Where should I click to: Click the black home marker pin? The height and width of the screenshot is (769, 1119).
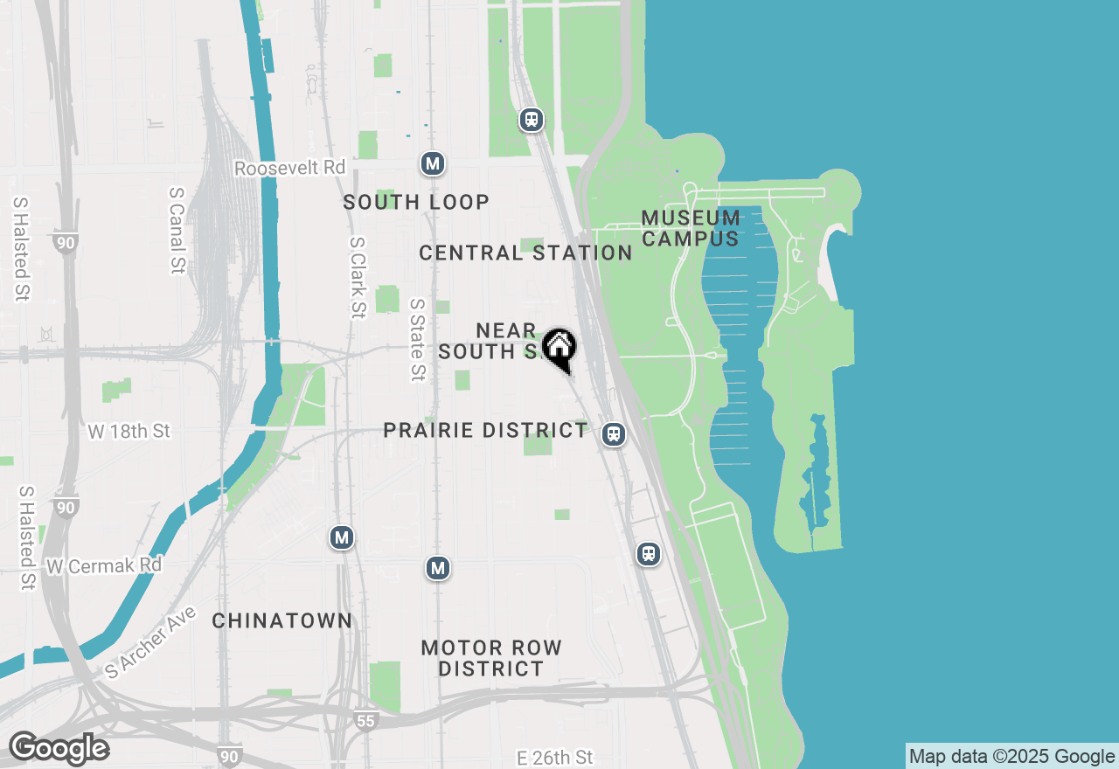pyautogui.click(x=559, y=348)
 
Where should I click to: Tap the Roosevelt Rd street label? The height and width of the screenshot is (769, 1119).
pyautogui.click(x=290, y=168)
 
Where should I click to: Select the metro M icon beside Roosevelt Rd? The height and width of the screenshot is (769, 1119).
pyautogui.click(x=432, y=163)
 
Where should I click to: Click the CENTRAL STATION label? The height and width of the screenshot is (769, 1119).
pyautogui.click(x=525, y=253)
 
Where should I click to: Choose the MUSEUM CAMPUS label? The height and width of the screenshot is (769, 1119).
pyautogui.click(x=691, y=227)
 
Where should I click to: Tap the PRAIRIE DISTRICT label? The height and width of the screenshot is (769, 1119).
pyautogui.click(x=485, y=431)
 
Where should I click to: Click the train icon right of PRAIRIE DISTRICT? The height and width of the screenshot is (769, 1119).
pyautogui.click(x=615, y=434)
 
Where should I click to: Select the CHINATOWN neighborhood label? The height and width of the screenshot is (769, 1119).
pyautogui.click(x=282, y=621)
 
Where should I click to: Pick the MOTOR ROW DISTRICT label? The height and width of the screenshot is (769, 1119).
pyautogui.click(x=491, y=658)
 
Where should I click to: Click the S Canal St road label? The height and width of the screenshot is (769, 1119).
pyautogui.click(x=178, y=229)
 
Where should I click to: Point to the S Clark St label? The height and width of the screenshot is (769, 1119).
pyautogui.click(x=357, y=278)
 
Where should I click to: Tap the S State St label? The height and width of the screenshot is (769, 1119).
pyautogui.click(x=417, y=340)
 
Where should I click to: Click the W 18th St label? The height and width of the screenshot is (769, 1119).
pyautogui.click(x=129, y=432)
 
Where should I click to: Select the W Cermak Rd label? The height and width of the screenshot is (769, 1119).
pyautogui.click(x=104, y=566)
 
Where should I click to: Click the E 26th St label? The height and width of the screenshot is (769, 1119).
pyautogui.click(x=554, y=757)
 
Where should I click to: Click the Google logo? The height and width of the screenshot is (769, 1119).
pyautogui.click(x=59, y=749)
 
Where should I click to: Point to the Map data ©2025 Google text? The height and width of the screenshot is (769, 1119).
pyautogui.click(x=1011, y=757)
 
